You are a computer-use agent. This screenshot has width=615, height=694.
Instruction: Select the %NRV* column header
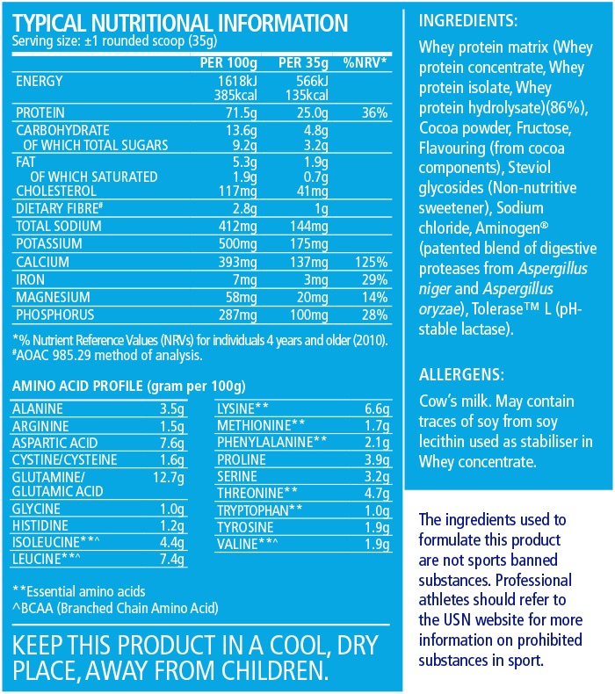coord(365,63)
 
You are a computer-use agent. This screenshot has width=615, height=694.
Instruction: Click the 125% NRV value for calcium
coord(371,263)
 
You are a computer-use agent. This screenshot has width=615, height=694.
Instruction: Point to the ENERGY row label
coord(41,82)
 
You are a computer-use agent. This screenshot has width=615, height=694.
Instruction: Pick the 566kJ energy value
coord(309,82)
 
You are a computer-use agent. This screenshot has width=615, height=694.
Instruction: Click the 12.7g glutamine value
coord(187,477)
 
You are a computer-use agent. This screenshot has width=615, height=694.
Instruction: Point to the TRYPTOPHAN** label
coord(260,509)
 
